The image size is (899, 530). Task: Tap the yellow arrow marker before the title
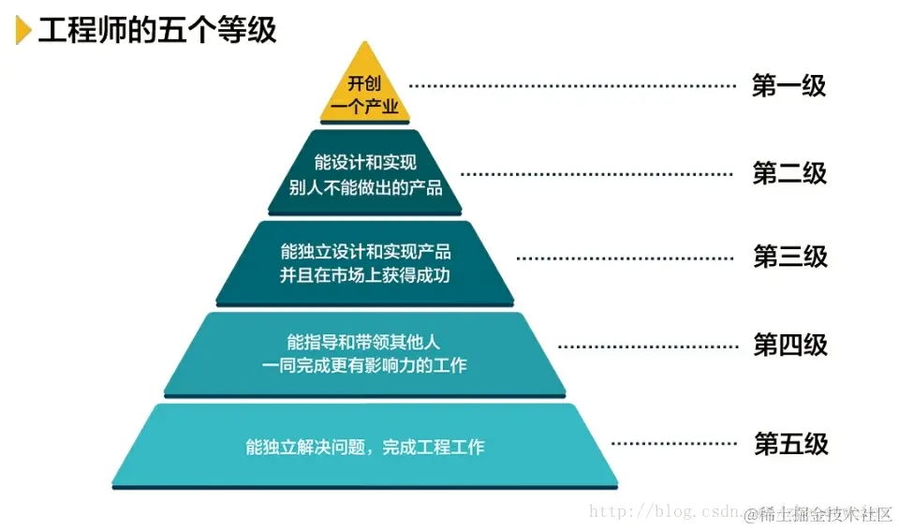click(x=23, y=30)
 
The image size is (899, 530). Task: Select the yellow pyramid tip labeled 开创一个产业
click(x=364, y=95)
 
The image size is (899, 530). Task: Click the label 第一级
click(x=788, y=86)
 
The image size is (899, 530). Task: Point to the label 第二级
click(x=789, y=173)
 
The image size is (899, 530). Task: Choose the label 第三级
click(x=790, y=257)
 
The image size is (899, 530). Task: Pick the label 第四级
click(x=790, y=345)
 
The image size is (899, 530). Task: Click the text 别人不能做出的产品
click(x=365, y=187)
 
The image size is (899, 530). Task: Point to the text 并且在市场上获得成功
click(x=365, y=275)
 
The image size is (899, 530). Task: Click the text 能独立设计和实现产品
click(x=365, y=251)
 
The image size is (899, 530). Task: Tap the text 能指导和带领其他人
click(x=365, y=341)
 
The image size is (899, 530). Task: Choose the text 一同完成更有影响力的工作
click(x=365, y=365)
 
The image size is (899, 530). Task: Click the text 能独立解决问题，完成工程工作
click(x=365, y=447)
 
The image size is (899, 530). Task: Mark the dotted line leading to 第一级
click(x=573, y=86)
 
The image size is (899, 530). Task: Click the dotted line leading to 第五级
click(x=672, y=443)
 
